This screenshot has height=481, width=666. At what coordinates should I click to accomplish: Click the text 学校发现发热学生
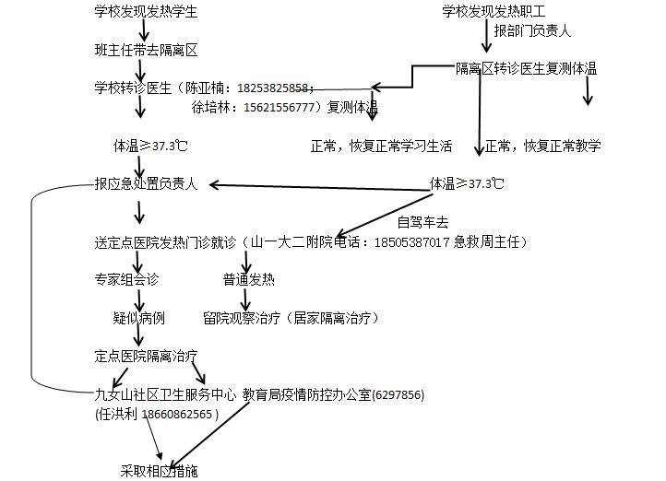(146, 12)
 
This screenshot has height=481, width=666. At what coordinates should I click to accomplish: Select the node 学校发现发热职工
(494, 12)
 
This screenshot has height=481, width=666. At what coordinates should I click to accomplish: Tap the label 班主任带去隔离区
(146, 50)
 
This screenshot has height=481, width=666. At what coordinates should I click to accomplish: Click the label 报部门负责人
(532, 31)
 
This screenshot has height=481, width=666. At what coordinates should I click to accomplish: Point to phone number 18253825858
(274, 89)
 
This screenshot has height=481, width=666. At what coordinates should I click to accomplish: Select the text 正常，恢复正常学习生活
(381, 146)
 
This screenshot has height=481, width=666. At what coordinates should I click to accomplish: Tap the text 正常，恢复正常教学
(542, 146)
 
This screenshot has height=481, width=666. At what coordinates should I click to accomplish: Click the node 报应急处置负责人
(146, 184)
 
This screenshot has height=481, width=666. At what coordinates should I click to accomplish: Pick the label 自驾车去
(422, 222)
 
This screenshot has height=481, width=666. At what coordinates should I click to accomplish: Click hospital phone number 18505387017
(411, 242)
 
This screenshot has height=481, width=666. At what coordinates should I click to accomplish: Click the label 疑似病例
(138, 318)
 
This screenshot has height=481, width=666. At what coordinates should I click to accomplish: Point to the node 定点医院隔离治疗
(146, 356)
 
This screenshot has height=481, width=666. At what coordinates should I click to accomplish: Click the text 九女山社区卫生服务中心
(165, 395)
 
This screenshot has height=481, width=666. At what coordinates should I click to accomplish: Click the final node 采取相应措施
(159, 471)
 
